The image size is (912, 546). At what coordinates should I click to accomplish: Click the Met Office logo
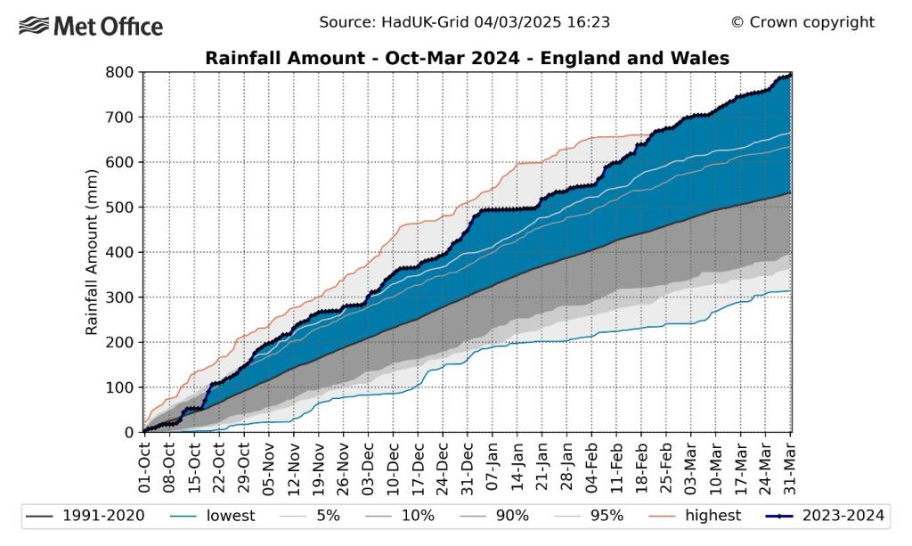pyautogui.click(x=90, y=26)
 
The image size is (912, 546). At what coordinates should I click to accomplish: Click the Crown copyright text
pyautogui.click(x=802, y=22)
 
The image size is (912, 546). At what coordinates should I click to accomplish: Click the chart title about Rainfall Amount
pyautogui.click(x=468, y=59)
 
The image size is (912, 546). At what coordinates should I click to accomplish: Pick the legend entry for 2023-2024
pyautogui.click(x=825, y=515)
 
